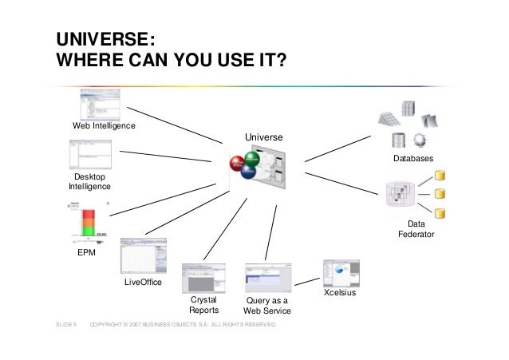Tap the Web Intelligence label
coord(104,126)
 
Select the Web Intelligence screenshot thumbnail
coord(100,104)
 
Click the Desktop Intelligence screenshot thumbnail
coord(95,155)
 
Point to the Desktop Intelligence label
coord(89,181)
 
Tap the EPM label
coord(86,252)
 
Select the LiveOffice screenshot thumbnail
coord(143,256)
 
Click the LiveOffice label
coord(144,283)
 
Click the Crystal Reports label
coord(203,305)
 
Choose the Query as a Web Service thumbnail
coord(266,279)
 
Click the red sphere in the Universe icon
coord(238,164)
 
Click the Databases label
coord(413,160)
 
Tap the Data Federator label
coord(417,230)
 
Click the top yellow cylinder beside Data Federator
coord(439,175)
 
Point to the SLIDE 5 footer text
coord(65,326)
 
